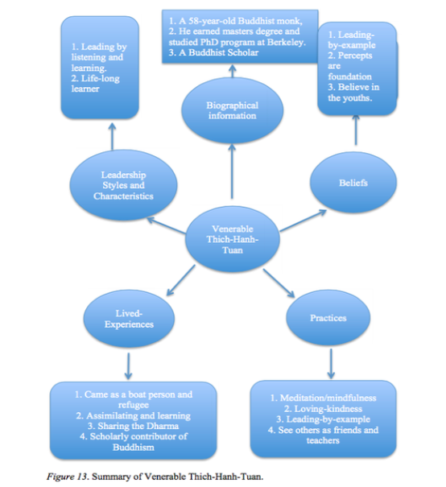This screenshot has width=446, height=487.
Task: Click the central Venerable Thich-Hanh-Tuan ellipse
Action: tap(233, 239)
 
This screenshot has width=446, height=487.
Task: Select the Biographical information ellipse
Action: tap(233, 110)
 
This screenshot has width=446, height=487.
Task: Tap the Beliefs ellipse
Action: tap(353, 183)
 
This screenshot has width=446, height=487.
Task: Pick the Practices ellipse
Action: tap(328, 318)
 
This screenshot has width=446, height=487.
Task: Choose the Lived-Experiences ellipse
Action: tap(129, 319)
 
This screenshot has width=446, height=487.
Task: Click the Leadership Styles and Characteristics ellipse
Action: tap(123, 185)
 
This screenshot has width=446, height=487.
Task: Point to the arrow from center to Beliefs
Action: tap(304, 221)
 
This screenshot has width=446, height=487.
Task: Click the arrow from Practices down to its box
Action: tap(331, 364)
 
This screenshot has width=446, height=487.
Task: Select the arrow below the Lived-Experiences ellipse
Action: tap(128, 366)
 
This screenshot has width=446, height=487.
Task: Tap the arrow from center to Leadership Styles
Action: tap(166, 225)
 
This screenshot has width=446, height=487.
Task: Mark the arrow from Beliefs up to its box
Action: tap(356, 130)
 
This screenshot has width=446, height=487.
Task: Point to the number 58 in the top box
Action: tap(194, 21)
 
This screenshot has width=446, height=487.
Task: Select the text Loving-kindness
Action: tap(328, 409)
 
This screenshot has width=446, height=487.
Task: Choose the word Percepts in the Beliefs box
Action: tap(355, 56)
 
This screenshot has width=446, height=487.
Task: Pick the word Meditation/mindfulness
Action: tap(328, 398)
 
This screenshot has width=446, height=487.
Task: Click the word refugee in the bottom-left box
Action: tap(134, 405)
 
